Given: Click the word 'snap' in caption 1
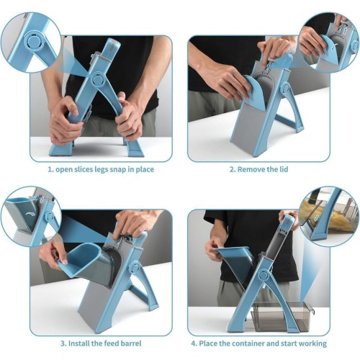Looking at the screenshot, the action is tap(118, 170).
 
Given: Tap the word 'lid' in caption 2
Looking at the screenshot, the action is tap(284, 169).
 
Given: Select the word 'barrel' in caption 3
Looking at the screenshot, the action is tap(131, 343).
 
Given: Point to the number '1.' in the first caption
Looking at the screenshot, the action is tap(50, 170).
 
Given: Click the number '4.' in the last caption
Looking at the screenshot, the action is tap(194, 343).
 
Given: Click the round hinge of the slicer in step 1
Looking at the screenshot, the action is tap(98, 78).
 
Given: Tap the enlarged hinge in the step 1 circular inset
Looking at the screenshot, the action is tap(35, 42).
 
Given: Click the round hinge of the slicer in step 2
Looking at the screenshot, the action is tap(287, 89).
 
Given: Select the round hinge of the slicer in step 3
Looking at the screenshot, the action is tap(135, 268).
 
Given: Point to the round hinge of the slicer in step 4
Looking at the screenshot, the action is tap(263, 275).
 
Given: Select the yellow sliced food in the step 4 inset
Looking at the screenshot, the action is tap(319, 215).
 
